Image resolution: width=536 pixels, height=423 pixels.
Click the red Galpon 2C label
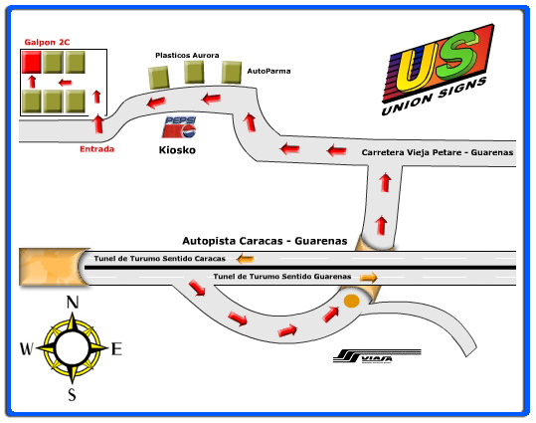[47, 42]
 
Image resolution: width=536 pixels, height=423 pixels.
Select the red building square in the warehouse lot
[32, 62]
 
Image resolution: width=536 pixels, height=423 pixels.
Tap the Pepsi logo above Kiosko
[179, 127]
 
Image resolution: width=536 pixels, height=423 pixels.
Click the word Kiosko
[177, 150]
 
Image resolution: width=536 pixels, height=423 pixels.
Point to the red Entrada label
[96, 149]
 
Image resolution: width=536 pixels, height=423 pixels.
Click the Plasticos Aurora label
[187, 55]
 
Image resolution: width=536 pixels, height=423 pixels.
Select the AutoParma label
[268, 71]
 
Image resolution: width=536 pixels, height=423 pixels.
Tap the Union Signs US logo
[438, 70]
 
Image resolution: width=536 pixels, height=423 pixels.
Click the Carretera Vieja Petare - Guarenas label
[438, 152]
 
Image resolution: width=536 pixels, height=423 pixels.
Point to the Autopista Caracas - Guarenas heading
[265, 241]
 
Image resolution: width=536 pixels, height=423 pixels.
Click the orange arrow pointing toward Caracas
[245, 259]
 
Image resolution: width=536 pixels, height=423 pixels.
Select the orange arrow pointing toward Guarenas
[369, 278]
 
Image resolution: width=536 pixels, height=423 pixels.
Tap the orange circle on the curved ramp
[351, 302]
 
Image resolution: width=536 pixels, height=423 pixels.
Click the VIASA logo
[377, 356]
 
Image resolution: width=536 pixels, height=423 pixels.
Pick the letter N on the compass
[73, 303]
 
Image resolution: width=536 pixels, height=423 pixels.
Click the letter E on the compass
[116, 349]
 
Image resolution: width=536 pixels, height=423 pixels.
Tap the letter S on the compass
[72, 394]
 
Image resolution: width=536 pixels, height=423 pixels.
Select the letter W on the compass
[27, 348]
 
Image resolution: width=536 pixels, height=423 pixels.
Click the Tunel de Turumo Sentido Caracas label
[160, 259]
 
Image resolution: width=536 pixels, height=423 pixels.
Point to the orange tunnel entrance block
[53, 267]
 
